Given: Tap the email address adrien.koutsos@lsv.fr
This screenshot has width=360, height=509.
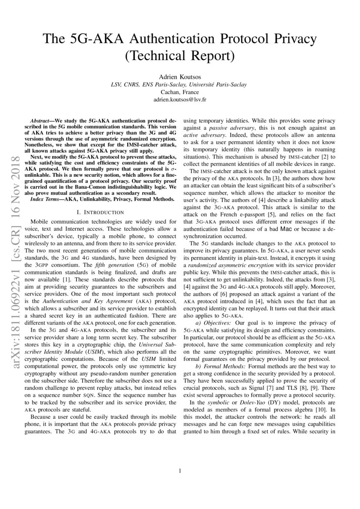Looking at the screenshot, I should pos(180,99).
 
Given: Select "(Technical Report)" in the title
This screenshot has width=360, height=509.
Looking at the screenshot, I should pos(180,56).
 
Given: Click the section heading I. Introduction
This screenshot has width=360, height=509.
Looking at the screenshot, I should pos(101,212).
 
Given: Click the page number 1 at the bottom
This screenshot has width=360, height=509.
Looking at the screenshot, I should pos(180,470).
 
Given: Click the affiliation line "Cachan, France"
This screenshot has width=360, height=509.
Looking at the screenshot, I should pos(180,91).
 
